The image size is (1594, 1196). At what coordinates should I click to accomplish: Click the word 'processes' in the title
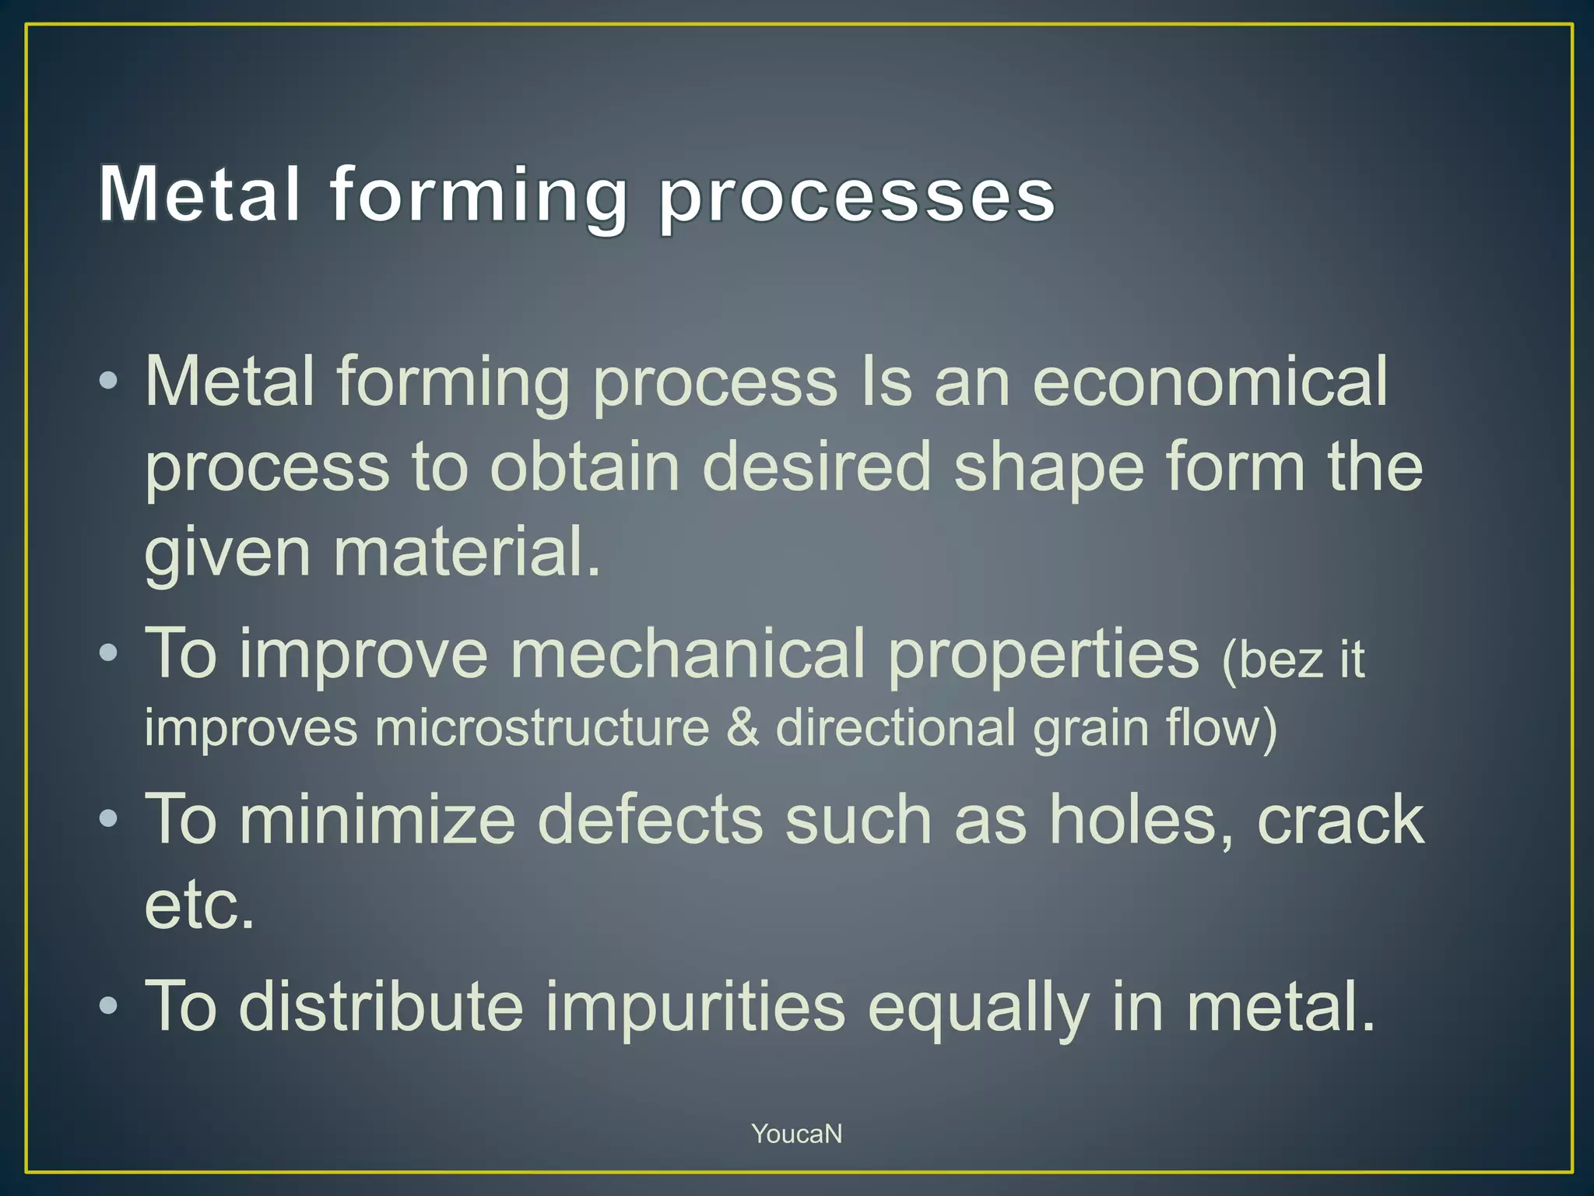(856, 196)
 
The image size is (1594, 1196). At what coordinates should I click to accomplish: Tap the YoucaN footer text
(796, 1134)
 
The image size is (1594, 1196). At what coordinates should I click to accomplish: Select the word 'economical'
(1210, 382)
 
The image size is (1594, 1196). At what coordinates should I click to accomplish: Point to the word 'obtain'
(585, 467)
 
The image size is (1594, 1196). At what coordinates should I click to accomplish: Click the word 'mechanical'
(687, 654)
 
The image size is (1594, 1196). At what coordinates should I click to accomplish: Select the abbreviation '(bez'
(1272, 660)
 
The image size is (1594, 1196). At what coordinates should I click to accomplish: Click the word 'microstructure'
(542, 728)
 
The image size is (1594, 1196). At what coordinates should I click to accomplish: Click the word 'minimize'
(377, 819)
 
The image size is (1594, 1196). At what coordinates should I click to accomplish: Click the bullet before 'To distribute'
(109, 1006)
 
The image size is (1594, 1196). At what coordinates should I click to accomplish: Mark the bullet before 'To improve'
(109, 653)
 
